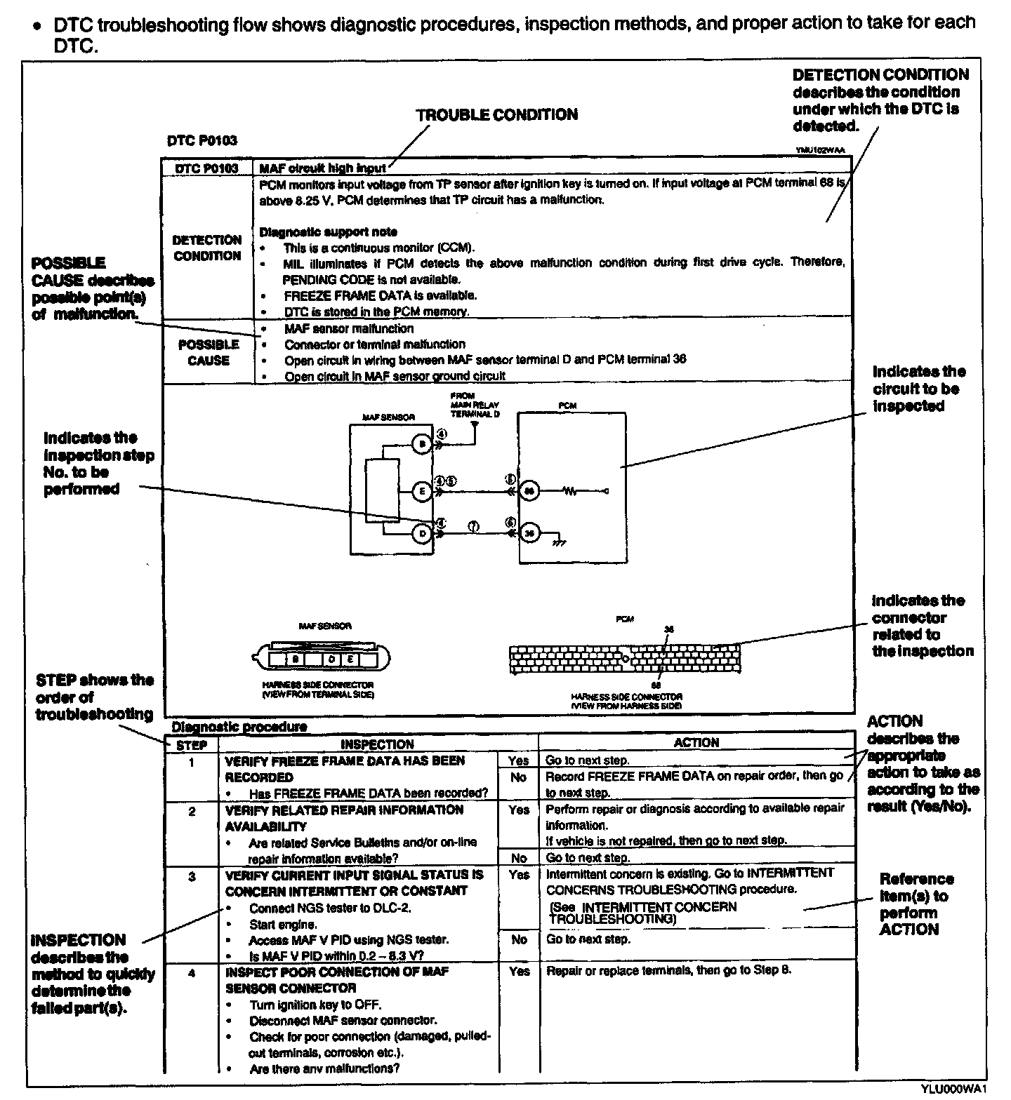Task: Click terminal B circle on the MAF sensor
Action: [x=421, y=444]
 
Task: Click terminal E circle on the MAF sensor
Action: [x=421, y=492]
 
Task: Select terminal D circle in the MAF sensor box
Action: [x=421, y=533]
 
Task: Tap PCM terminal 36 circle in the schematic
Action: [x=530, y=533]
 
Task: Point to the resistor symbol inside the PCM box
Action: [x=569, y=491]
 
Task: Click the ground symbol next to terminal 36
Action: [x=559, y=542]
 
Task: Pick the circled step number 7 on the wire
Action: [x=474, y=527]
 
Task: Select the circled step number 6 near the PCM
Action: [x=510, y=523]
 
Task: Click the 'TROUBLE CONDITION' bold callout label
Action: [x=496, y=115]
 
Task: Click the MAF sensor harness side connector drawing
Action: [x=321, y=658]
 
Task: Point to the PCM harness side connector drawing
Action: [x=624, y=659]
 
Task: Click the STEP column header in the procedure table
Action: [x=191, y=745]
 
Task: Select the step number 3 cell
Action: [x=192, y=877]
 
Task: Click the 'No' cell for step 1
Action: [x=518, y=777]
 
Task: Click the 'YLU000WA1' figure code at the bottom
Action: [x=958, y=1089]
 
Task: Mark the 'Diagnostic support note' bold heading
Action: [x=328, y=232]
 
